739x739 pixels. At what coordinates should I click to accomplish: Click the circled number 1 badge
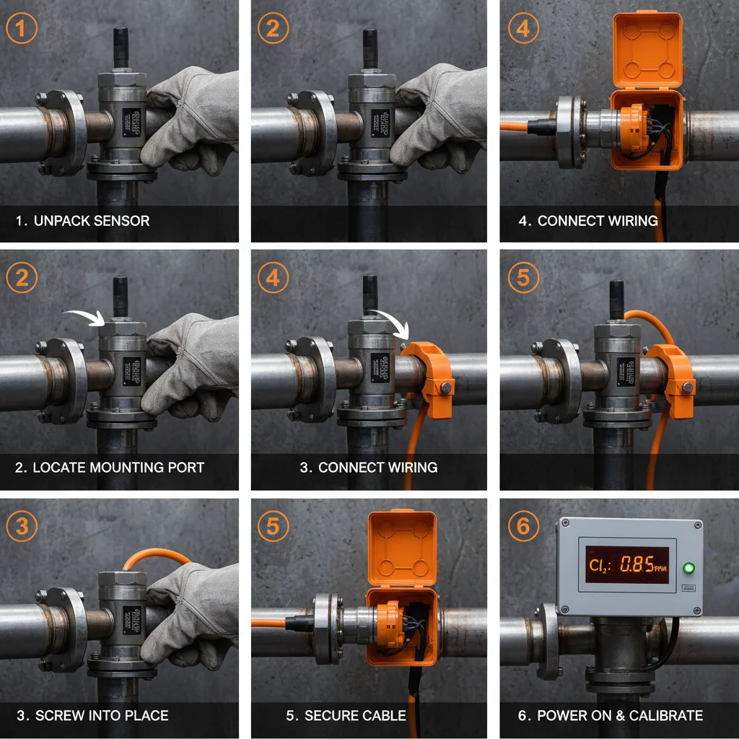(22, 30)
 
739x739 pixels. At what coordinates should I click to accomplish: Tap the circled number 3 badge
(22, 526)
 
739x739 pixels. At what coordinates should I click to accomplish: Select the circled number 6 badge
(523, 526)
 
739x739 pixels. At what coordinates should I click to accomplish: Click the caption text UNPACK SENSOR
(82, 221)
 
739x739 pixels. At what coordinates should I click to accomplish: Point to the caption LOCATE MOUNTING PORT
(109, 468)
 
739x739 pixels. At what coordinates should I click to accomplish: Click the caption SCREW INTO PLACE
(92, 716)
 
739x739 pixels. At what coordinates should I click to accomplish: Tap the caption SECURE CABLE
(346, 716)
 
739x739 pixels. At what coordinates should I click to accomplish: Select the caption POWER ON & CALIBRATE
(611, 716)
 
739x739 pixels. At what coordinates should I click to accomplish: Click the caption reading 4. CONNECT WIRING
(588, 221)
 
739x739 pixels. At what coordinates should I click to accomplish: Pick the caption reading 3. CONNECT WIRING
(368, 468)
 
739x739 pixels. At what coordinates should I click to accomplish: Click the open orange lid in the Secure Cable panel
(402, 548)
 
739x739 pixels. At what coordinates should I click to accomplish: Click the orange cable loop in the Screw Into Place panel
(156, 556)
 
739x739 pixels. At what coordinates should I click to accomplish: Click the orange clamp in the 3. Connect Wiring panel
(429, 368)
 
